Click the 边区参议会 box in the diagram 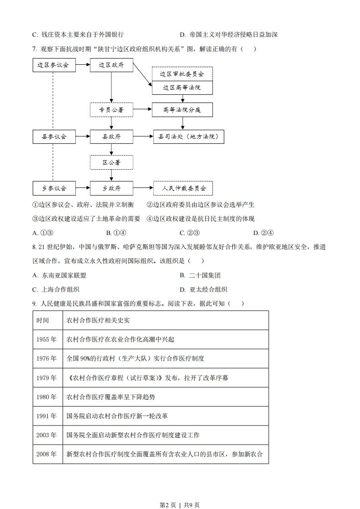54,65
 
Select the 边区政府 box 111,65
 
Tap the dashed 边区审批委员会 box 182,74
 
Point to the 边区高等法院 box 182,87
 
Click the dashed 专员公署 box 111,109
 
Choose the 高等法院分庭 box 182,109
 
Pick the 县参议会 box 54,136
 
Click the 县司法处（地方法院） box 188,136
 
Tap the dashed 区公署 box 111,162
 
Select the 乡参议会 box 54,188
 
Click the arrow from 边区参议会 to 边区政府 82,65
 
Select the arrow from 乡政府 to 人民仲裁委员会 143,188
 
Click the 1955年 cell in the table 47,339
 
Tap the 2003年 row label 47,435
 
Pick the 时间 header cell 47,320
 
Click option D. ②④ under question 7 263,233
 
